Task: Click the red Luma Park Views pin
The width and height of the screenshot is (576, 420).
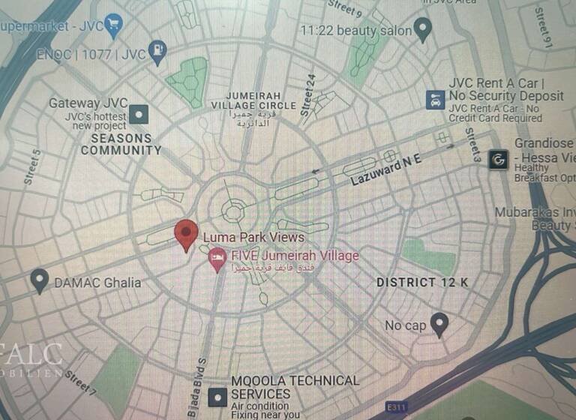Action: (186, 234)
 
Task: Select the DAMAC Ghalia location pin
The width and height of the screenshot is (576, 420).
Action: (40, 281)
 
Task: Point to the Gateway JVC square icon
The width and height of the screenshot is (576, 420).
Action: (139, 115)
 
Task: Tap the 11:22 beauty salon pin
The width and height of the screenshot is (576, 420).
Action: (423, 31)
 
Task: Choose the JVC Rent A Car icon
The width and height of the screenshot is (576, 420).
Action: (434, 100)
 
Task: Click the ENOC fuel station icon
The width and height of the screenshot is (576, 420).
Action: (157, 52)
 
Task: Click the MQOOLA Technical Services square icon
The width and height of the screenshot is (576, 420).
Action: (217, 395)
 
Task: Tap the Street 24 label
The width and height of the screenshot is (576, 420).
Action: (308, 94)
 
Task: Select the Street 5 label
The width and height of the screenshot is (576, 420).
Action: (33, 167)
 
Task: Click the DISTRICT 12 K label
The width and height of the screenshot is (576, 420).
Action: (422, 282)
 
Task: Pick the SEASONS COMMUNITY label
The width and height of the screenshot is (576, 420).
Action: (121, 144)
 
